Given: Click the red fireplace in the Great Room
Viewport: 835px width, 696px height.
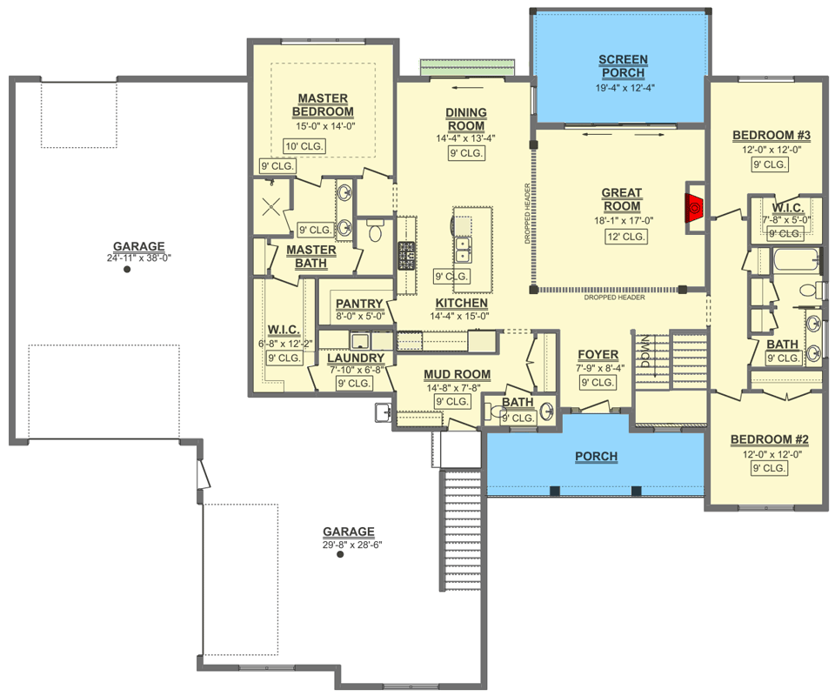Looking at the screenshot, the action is (x=694, y=207).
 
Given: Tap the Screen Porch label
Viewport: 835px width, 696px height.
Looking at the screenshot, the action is (x=623, y=66).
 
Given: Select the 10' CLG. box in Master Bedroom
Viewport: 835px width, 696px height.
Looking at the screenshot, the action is (x=304, y=146).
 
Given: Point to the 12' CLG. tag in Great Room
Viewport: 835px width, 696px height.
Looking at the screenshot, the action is (x=625, y=237).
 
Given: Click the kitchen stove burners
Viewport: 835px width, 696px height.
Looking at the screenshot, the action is (x=406, y=256).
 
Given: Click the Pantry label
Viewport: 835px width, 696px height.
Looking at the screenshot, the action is (x=359, y=304).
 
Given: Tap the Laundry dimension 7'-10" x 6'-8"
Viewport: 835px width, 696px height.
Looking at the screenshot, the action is (x=357, y=370).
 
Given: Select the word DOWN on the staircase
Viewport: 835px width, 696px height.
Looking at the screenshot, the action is (x=645, y=351).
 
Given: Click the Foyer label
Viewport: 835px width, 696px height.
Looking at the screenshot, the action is (x=598, y=355).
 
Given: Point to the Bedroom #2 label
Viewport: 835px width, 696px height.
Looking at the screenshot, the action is (x=770, y=439).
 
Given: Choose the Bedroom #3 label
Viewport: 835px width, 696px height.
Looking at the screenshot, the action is (x=772, y=135).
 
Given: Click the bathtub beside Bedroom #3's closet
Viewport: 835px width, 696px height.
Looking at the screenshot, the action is (x=795, y=259).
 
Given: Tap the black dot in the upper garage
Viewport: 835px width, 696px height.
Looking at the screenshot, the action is (x=127, y=270).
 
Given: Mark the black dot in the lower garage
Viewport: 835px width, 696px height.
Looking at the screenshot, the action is (x=340, y=554).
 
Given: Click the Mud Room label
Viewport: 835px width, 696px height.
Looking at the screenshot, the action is (x=457, y=374).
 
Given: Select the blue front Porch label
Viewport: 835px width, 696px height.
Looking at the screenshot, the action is (x=597, y=457).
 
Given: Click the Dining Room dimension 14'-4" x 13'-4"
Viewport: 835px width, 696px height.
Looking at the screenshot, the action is (x=466, y=138).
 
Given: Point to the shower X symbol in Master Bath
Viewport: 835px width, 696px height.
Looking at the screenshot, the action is (x=271, y=206).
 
